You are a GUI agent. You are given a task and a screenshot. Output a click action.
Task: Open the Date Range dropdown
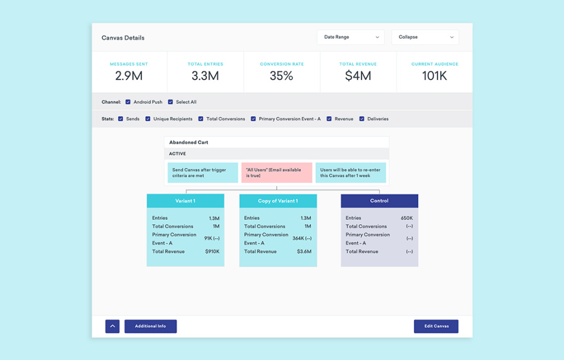(351, 38)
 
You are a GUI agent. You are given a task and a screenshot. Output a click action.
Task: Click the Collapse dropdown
(425, 38)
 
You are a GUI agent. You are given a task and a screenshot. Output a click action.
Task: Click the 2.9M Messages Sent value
(129, 76)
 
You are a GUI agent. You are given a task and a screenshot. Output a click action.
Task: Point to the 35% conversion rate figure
(281, 76)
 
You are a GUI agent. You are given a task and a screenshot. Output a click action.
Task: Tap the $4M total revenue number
(358, 76)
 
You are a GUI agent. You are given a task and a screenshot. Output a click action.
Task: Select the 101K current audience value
(434, 76)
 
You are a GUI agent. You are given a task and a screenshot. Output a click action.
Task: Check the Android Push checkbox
(128, 102)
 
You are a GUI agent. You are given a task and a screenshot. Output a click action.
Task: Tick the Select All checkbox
(170, 102)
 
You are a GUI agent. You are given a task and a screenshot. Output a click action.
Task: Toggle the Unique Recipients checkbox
(148, 119)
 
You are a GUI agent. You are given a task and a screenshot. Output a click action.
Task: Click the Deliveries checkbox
(362, 119)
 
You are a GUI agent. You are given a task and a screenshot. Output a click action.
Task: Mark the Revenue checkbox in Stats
(330, 119)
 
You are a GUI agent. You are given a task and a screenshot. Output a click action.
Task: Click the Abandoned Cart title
(189, 143)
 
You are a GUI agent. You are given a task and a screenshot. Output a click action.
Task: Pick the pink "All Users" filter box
(277, 173)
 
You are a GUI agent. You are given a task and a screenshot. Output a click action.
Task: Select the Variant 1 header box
(185, 201)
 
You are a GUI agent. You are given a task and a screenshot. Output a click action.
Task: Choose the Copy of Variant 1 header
(278, 201)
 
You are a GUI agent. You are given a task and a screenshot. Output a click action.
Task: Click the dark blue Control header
(380, 201)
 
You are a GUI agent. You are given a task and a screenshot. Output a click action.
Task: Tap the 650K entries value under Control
(407, 218)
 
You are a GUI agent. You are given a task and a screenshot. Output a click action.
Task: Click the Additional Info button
(150, 327)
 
